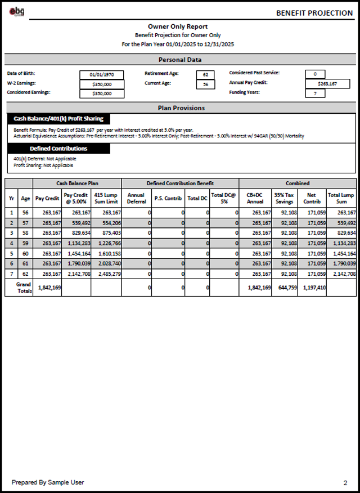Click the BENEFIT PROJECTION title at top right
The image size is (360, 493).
314,13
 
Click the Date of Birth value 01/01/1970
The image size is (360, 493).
102,74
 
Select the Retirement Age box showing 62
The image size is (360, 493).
205,74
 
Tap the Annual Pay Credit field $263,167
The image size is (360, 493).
327,84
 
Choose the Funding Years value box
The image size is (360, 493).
315,93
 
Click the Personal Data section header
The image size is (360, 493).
180,60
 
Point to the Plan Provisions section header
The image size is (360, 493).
180,107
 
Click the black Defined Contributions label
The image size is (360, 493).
58,149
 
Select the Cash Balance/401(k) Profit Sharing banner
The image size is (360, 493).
58,119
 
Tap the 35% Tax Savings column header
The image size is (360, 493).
284,198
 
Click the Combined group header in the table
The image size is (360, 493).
297,183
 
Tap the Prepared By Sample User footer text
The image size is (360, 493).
47,482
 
